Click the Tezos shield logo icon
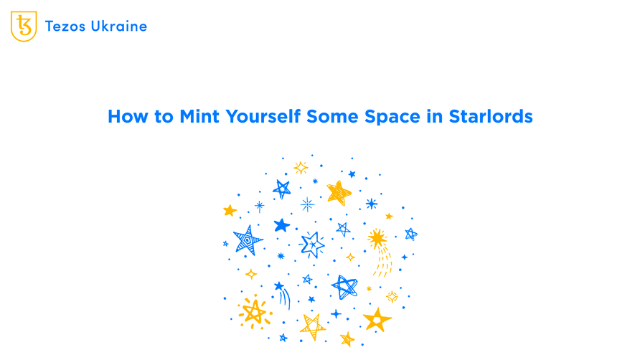click(24, 27)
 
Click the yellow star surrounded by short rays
click(253, 311)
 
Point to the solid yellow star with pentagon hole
click(377, 319)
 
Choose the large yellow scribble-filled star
click(338, 192)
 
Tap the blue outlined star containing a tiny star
click(312, 245)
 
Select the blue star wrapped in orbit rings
click(344, 287)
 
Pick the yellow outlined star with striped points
click(313, 326)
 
